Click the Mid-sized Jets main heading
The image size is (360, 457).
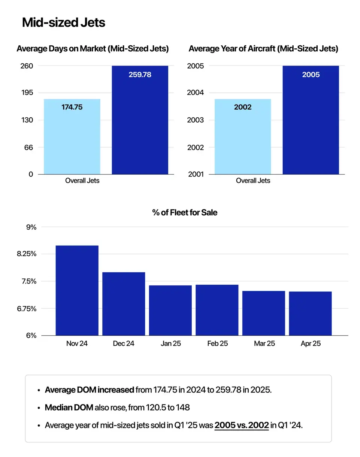coord(64,22)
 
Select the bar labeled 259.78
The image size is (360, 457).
coord(140,120)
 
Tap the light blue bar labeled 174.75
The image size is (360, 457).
coord(72,137)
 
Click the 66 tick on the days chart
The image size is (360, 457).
coord(29,148)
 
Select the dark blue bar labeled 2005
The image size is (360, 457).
coord(311,120)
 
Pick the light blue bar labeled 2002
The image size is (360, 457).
coord(242,137)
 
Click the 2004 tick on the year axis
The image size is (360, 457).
coord(195,93)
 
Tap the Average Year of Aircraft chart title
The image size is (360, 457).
coord(263,49)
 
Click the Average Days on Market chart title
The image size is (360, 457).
coord(93,49)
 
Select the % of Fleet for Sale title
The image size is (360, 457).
coord(185,212)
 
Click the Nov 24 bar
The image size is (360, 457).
coord(77,290)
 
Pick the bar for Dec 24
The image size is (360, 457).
coord(124,303)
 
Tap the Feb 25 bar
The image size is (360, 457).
coord(217,310)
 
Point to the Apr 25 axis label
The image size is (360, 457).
coord(311,343)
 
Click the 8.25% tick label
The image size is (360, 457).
coord(26,254)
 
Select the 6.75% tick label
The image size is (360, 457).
coord(26,309)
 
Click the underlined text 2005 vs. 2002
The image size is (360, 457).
coord(242,425)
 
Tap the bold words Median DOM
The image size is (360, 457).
coord(69,408)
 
